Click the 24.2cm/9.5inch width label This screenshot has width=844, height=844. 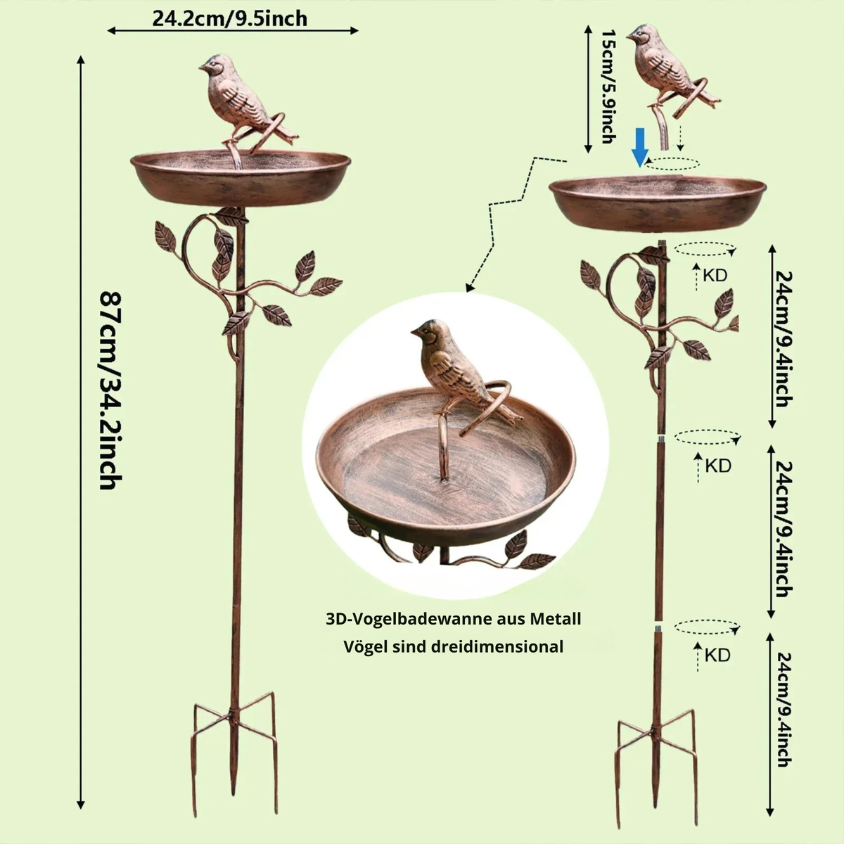[229, 19]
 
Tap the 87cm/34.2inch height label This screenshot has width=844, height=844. [110, 391]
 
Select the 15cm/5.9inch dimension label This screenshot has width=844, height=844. [608, 87]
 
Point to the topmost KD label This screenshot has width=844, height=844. [715, 276]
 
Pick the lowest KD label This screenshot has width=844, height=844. [717, 656]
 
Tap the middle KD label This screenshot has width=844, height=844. [718, 466]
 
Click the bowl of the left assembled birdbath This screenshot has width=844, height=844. [241, 177]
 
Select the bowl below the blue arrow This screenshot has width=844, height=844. [658, 203]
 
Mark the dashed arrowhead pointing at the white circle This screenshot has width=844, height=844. [470, 288]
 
